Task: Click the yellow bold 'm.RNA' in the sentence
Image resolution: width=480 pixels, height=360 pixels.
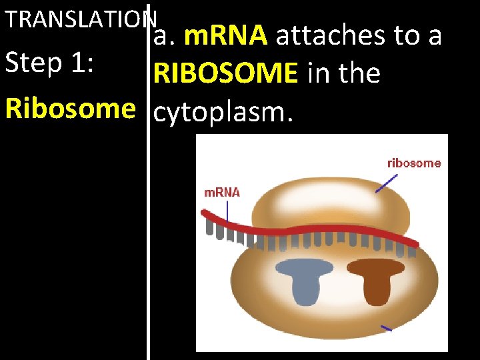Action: [225, 36]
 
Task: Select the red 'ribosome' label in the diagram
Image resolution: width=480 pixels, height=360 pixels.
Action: [413, 163]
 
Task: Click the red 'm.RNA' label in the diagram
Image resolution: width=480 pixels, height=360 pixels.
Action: [221, 192]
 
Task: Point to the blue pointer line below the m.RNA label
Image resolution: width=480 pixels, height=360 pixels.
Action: [227, 211]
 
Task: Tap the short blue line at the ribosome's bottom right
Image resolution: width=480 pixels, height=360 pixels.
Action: [386, 328]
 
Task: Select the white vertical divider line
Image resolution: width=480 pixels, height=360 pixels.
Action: [148, 200]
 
